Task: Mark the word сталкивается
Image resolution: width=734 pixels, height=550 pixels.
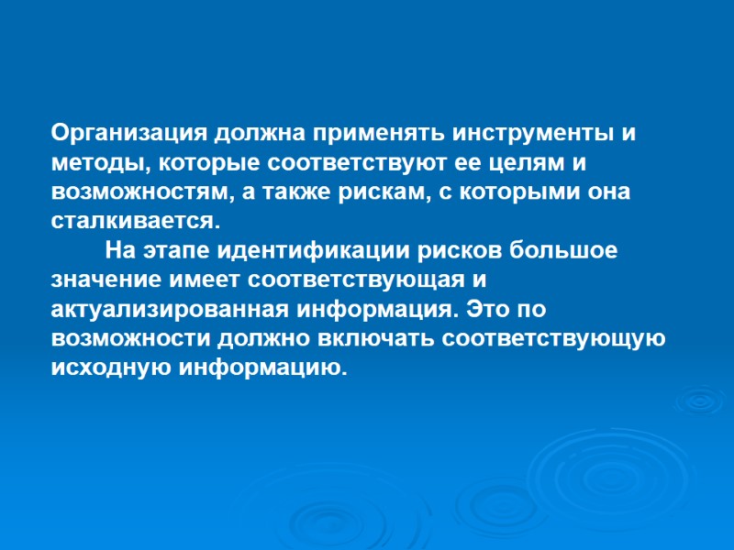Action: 134,222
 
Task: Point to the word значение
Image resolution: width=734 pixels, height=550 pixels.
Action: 98,281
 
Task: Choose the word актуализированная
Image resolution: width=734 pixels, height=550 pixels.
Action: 171,310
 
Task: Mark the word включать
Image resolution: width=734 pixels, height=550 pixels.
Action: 379,339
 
